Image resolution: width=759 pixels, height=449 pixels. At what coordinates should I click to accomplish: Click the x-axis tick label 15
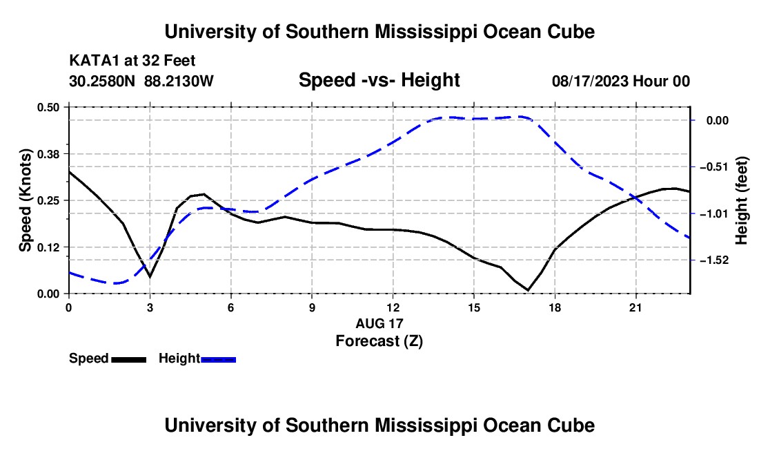474,307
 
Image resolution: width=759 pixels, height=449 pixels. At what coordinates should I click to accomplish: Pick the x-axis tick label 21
635,307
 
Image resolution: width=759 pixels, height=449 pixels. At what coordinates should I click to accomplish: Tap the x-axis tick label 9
312,307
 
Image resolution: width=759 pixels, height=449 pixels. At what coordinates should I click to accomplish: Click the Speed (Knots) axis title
25,200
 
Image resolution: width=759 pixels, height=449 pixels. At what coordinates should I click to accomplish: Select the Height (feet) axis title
742,200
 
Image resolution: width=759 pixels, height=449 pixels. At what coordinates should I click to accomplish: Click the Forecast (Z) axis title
379,341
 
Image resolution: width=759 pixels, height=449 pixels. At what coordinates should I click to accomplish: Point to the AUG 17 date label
379,323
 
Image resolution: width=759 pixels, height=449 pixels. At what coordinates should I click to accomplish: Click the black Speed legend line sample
129,359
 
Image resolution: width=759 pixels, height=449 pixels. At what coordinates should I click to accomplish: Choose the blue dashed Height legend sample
218,359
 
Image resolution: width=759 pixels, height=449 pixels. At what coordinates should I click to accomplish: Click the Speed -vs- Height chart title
379,80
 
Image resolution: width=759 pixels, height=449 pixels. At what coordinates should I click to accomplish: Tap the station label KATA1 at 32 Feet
132,61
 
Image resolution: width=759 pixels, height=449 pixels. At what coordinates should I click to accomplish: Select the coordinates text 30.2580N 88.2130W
141,81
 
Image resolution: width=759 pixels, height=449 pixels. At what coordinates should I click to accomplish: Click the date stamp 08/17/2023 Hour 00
621,81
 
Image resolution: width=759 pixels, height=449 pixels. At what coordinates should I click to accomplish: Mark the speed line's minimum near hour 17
528,290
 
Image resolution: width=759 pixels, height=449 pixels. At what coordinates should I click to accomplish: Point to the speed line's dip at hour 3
150,276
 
